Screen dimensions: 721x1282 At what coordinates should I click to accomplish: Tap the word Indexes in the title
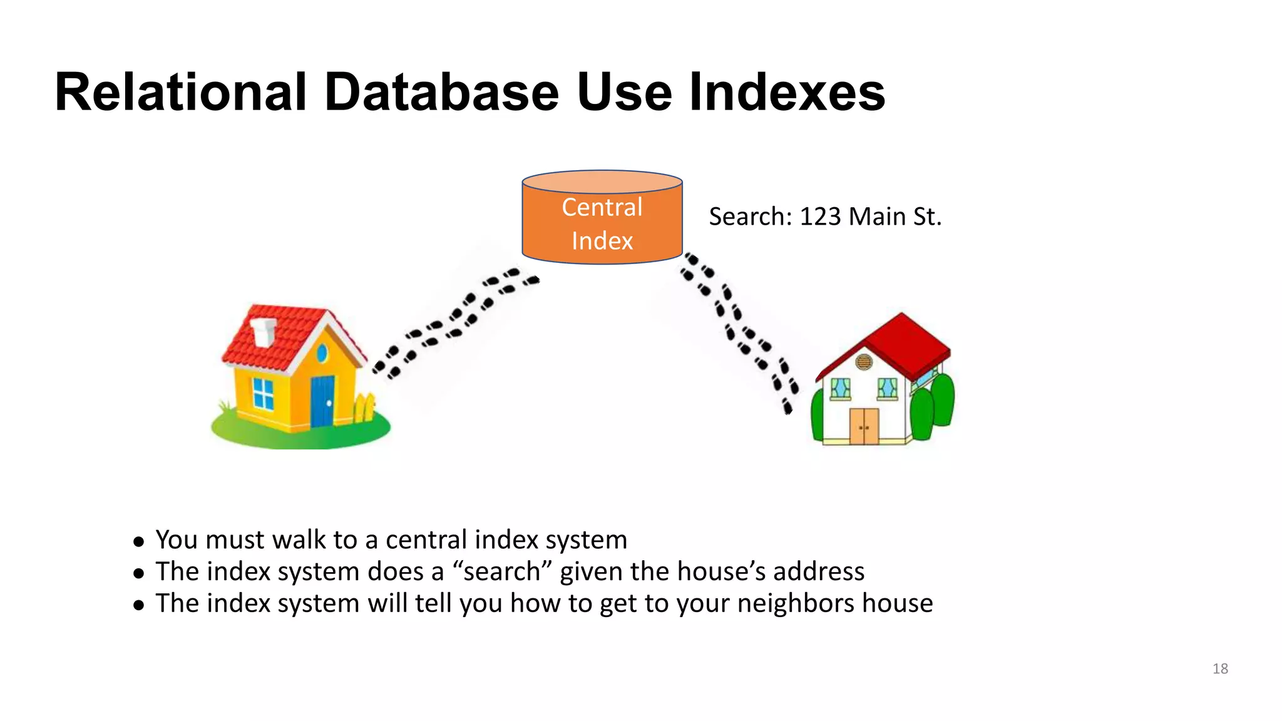pos(787,93)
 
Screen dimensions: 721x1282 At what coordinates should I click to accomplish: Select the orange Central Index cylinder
pos(602,225)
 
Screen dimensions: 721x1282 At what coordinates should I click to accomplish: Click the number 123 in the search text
pos(821,217)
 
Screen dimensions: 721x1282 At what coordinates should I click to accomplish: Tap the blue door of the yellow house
pos(322,401)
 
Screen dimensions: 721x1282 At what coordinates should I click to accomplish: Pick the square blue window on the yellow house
pos(264,394)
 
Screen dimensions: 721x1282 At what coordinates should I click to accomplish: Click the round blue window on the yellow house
pos(322,354)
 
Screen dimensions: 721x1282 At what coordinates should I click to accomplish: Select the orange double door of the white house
pos(864,426)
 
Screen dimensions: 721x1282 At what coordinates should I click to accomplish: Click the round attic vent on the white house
pos(864,362)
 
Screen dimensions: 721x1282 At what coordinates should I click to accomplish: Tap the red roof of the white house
pos(901,341)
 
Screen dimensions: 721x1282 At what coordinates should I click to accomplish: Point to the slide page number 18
pos(1220,669)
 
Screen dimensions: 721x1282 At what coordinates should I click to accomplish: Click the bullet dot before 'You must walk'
pos(139,541)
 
